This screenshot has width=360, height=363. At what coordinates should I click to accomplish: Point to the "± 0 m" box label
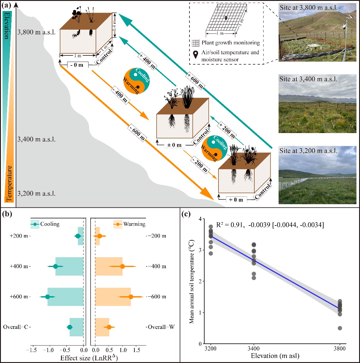174,145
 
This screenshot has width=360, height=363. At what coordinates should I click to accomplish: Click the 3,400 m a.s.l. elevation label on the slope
36,139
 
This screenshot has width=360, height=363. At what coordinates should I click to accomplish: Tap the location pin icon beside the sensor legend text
196,55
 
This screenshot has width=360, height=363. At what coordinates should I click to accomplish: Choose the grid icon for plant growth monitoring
195,43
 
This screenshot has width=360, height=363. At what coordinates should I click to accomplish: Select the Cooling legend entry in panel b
45,224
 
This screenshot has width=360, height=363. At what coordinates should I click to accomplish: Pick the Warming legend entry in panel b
129,224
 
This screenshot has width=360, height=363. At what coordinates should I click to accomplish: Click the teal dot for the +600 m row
47,297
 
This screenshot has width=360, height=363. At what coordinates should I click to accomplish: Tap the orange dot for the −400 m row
122,266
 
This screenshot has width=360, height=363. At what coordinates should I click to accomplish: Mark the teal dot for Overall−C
70,327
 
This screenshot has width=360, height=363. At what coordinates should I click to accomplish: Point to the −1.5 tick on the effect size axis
33,350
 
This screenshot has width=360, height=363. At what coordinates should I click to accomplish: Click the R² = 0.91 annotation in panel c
229,225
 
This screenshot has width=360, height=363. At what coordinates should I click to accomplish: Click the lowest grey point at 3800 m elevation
340,328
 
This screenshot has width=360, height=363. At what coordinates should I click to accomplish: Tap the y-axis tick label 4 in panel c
200,219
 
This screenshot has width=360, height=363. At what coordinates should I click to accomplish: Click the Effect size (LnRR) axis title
89,357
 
